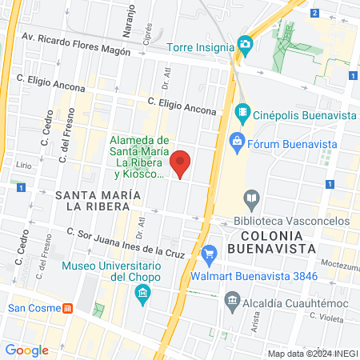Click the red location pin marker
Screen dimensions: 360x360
coord(181,163)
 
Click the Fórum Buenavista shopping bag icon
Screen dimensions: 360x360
coord(237,144)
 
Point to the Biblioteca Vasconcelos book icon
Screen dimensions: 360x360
coord(252,198)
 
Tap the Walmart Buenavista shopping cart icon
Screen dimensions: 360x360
coord(210,256)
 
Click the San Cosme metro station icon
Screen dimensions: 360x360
coord(69,308)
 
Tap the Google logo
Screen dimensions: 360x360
coord(26,350)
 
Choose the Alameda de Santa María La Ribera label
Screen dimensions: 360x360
coord(138,156)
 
